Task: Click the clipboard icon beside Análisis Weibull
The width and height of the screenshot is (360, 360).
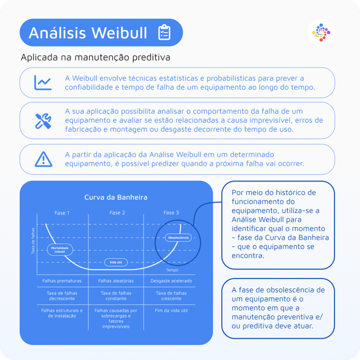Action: pos(164,32)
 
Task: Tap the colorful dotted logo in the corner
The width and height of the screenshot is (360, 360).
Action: pos(321,32)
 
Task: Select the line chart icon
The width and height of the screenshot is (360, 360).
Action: pos(43,82)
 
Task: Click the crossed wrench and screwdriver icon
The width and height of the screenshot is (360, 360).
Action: pos(43,121)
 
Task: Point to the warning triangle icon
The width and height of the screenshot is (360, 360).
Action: pos(43,159)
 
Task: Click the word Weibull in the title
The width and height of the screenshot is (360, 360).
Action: pos(119,33)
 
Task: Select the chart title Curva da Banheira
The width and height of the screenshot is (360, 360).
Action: pos(116,197)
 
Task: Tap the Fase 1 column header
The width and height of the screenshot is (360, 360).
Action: pos(62,213)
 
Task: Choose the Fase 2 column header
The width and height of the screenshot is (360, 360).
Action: pos(117,213)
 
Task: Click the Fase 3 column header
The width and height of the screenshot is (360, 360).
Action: pos(171,213)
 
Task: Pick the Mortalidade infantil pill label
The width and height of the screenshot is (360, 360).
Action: pos(59,250)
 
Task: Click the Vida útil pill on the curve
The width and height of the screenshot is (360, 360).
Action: pos(116,262)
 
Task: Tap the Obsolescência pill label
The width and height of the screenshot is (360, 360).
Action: pos(178,238)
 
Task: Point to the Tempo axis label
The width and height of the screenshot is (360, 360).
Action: pos(172,270)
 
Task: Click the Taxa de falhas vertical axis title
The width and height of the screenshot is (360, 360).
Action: pos(33,241)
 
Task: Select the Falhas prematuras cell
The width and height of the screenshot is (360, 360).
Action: pos(62,281)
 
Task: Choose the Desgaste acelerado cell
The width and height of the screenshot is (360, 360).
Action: pos(171,281)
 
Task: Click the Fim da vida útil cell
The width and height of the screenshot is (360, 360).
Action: pos(171,310)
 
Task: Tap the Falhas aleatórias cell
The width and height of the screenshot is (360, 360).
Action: pos(116,281)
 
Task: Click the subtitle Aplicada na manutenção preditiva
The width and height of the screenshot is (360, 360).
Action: pos(95,57)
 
